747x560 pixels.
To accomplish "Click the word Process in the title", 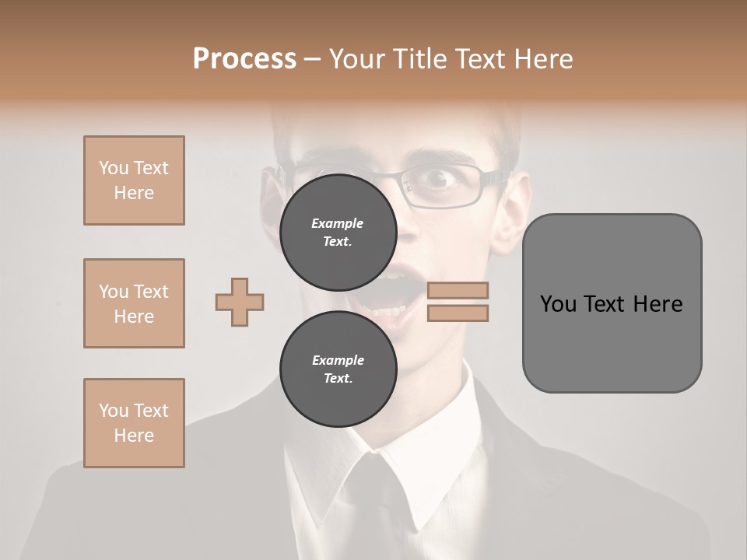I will (x=244, y=59).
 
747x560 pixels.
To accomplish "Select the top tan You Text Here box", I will (x=134, y=180).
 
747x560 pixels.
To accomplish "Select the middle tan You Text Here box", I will (x=134, y=303).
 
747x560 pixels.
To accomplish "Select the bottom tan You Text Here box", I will (x=134, y=423).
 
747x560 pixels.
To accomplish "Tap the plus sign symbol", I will (x=240, y=302).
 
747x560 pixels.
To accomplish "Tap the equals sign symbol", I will (x=458, y=302).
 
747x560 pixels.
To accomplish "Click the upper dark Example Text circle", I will (x=338, y=232).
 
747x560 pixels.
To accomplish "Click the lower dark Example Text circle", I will (x=338, y=369).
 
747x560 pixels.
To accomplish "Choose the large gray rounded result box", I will (x=612, y=303).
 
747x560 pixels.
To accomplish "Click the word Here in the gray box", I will (x=658, y=304).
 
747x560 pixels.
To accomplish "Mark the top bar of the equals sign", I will (x=458, y=291).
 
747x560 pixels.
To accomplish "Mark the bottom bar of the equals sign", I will (x=458, y=313).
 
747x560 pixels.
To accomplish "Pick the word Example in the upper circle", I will (x=338, y=223).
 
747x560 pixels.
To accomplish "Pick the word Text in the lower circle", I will (x=338, y=379).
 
